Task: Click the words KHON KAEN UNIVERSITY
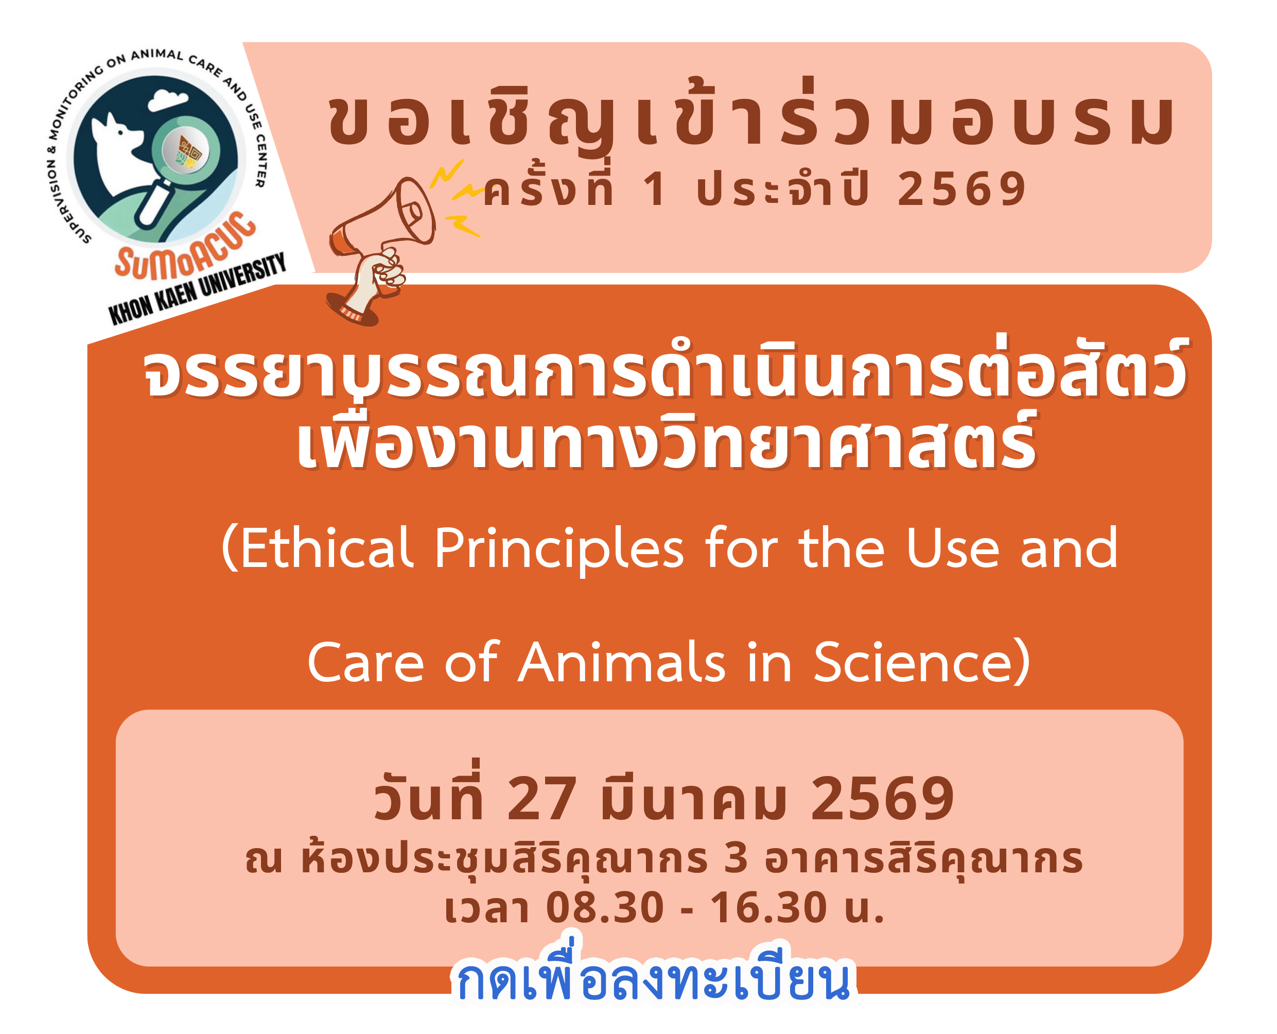point(197,289)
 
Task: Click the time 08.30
point(604,908)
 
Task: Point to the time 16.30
point(768,908)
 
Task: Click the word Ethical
point(319,548)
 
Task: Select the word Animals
point(622,662)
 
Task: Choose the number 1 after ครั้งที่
point(655,189)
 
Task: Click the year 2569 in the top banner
point(961,189)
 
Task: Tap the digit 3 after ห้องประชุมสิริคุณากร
point(736,859)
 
